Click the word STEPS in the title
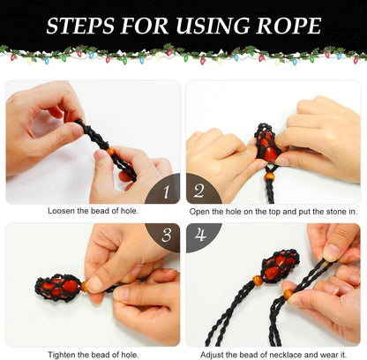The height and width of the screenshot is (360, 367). [x=80, y=26]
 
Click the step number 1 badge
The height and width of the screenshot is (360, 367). [x=162, y=189]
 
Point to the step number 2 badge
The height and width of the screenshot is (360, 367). [x=203, y=189]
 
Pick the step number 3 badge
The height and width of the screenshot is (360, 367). [x=163, y=237]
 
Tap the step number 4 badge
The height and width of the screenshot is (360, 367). [x=204, y=237]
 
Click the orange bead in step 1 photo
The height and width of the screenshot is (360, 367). [x=111, y=152]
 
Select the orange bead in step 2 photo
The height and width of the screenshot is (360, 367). [x=269, y=176]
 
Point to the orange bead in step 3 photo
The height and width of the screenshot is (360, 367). [x=85, y=286]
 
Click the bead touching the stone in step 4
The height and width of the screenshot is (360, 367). [x=258, y=280]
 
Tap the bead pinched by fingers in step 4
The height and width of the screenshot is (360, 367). [x=288, y=294]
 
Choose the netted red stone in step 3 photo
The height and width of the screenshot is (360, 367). [x=58, y=288]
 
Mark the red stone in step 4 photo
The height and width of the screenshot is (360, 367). [x=280, y=266]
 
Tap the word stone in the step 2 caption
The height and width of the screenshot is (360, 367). [x=336, y=212]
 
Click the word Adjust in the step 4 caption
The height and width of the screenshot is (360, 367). [x=212, y=355]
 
